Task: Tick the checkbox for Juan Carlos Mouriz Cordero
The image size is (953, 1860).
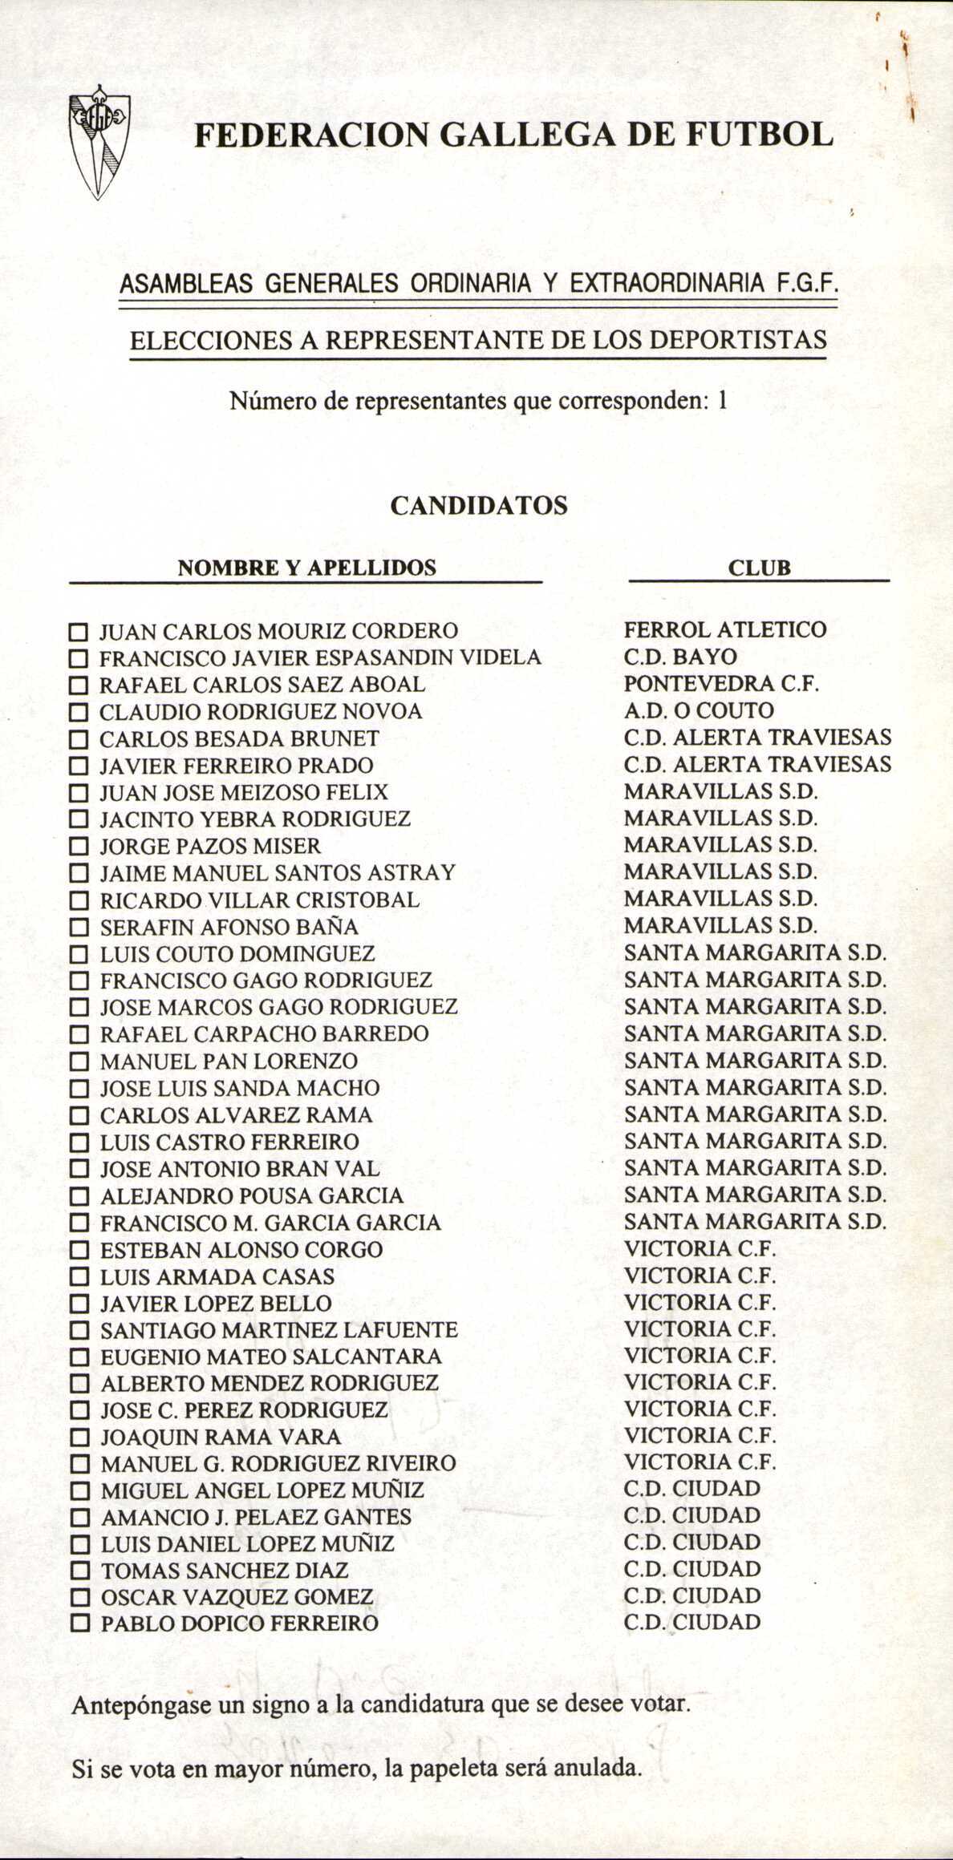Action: (x=77, y=632)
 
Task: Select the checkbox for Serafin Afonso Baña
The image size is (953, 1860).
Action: (x=78, y=928)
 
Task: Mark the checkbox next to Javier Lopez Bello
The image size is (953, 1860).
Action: (x=79, y=1304)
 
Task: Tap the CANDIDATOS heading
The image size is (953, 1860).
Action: (x=479, y=506)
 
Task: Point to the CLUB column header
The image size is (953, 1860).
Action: (x=759, y=568)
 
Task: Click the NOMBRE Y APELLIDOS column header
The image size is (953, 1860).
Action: (x=306, y=568)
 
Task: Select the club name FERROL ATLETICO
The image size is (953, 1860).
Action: (x=724, y=629)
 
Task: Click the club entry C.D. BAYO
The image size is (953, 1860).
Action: (x=679, y=657)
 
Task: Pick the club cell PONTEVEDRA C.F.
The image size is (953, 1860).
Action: (x=721, y=684)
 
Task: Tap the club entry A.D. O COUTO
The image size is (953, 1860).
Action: (x=699, y=710)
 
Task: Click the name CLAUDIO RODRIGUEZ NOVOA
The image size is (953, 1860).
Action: (x=261, y=712)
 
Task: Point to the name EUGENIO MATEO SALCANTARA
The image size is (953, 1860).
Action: (x=271, y=1357)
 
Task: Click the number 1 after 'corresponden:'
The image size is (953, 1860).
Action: (x=722, y=400)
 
